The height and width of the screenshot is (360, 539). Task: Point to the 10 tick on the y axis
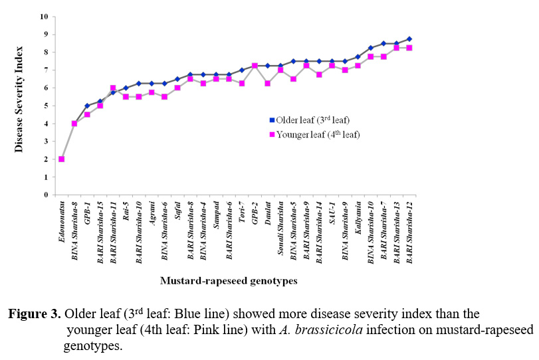tap(43, 16)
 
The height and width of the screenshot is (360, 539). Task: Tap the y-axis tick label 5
tap(45, 106)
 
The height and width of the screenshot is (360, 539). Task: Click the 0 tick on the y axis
tap(45, 195)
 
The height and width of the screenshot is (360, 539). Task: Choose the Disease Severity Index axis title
tap(19, 99)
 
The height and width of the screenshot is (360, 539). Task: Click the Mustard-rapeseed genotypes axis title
tap(228, 281)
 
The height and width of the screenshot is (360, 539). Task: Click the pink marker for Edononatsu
tap(61, 159)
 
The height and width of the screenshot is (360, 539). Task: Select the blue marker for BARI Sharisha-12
tap(409, 39)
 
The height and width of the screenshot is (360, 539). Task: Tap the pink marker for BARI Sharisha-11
tap(113, 88)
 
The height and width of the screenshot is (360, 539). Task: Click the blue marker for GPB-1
tap(87, 106)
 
